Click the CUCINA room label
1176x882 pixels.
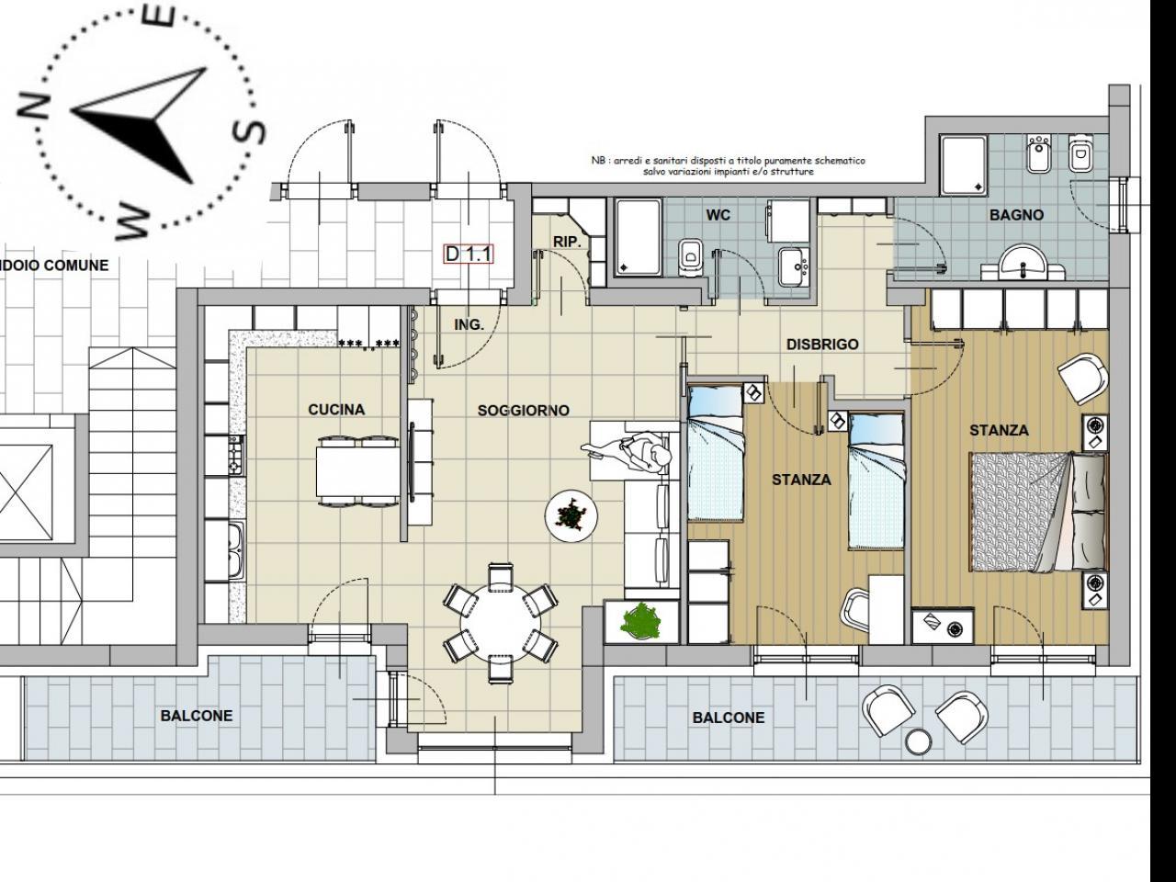(336, 410)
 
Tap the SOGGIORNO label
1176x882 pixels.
(523, 411)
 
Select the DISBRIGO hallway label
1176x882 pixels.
(822, 345)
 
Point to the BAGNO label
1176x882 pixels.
(1016, 215)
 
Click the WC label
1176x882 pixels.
(718, 215)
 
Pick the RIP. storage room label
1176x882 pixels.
(568, 242)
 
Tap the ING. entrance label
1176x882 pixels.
(469, 324)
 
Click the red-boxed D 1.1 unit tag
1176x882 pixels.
(469, 254)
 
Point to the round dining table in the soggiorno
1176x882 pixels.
(501, 623)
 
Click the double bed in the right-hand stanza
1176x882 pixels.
(1038, 513)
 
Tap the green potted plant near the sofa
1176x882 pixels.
(641, 621)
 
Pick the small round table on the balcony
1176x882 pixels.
(919, 741)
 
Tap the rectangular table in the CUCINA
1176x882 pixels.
(358, 472)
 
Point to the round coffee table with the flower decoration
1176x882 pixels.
(571, 516)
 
